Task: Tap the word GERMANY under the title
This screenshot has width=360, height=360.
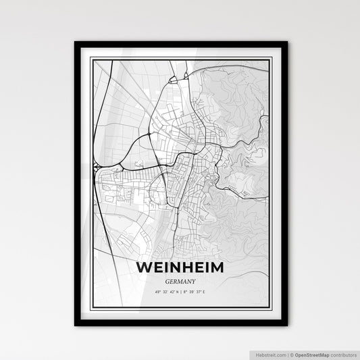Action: point(180,283)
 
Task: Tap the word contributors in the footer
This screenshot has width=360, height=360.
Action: point(342,353)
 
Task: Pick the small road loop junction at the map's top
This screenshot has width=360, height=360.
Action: point(173,80)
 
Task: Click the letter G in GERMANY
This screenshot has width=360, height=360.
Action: point(166,283)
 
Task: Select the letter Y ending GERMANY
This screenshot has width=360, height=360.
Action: point(194,283)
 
